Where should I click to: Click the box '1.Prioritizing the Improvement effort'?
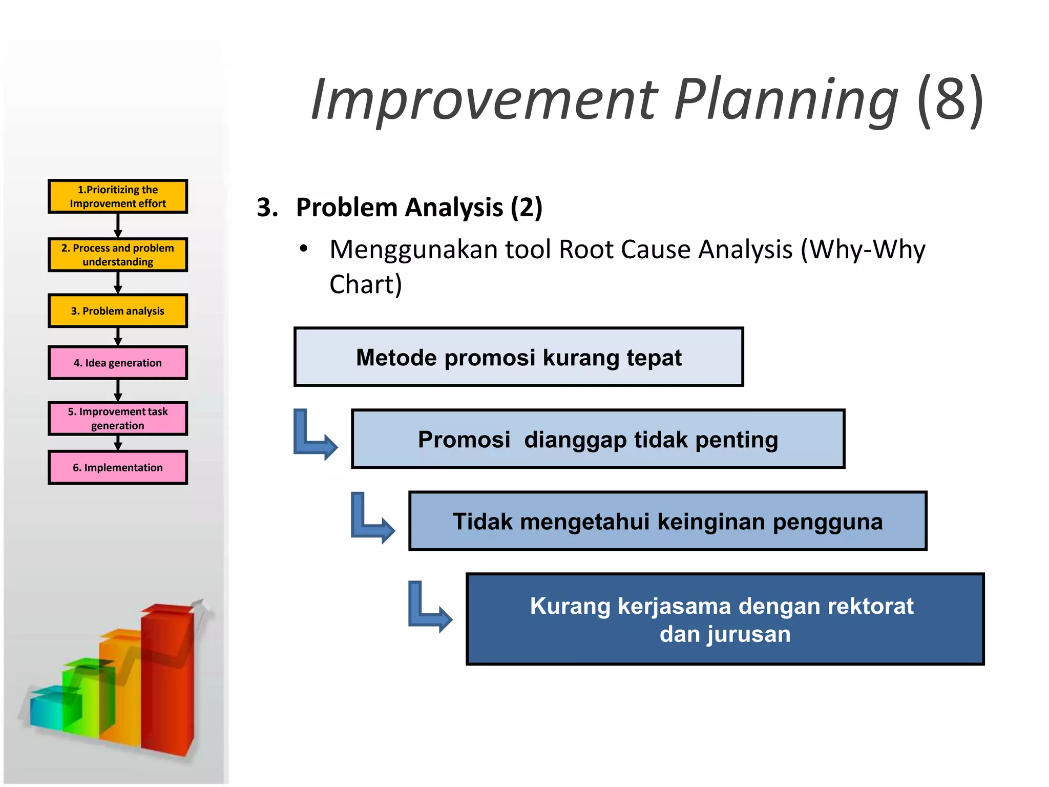click(118, 196)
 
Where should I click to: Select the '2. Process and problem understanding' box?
click(118, 255)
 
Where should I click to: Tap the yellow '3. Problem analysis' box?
click(118, 310)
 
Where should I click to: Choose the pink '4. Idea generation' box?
click(118, 363)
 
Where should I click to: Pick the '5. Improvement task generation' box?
click(118, 419)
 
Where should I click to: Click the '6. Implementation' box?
click(118, 467)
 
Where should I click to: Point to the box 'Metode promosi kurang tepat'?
click(518, 357)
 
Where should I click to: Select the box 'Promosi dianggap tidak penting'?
click(598, 439)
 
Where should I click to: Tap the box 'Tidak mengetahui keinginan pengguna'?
click(667, 521)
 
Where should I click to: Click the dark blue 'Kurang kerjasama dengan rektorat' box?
click(725, 619)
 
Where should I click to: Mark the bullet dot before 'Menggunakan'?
click(304, 249)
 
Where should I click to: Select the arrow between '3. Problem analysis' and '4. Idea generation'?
click(118, 337)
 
